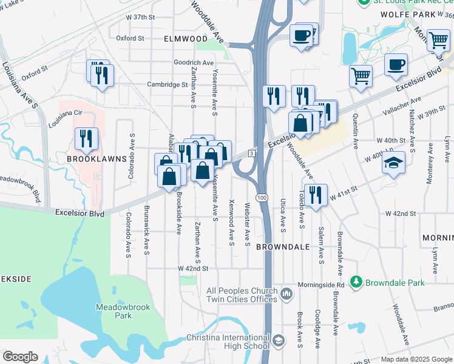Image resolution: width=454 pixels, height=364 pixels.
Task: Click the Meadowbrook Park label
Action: coord(114,311)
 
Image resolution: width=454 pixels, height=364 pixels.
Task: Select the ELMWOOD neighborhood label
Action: coord(186,38)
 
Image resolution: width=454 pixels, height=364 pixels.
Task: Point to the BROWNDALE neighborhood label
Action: coord(283,247)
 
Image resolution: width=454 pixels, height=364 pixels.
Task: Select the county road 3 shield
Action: coord(251,154)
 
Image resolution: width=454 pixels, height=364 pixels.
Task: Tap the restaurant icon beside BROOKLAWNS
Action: coord(86,138)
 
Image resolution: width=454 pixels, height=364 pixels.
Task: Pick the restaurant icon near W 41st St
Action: coord(314,195)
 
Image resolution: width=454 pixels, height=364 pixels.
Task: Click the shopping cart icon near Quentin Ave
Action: coord(361,76)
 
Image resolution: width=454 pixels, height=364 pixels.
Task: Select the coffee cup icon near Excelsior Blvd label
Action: coord(396,64)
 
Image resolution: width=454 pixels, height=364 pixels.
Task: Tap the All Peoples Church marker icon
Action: coord(287,295)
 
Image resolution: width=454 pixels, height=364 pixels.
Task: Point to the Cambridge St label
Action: coord(168,85)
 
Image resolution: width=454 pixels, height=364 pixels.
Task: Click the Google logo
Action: coord(20,357)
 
